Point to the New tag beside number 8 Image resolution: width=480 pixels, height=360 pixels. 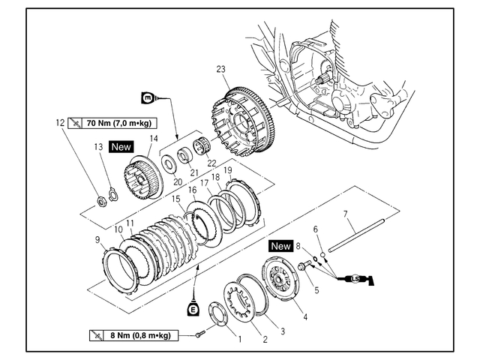coord(280,245)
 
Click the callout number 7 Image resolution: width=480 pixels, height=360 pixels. coord(346,214)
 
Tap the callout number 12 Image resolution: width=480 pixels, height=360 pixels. coord(58,121)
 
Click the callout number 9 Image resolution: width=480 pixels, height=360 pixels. coord(97,239)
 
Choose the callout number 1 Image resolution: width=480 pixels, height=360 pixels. coord(239,339)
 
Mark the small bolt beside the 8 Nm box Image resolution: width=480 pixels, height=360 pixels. coord(199,335)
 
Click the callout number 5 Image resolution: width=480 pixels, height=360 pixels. coord(316,289)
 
